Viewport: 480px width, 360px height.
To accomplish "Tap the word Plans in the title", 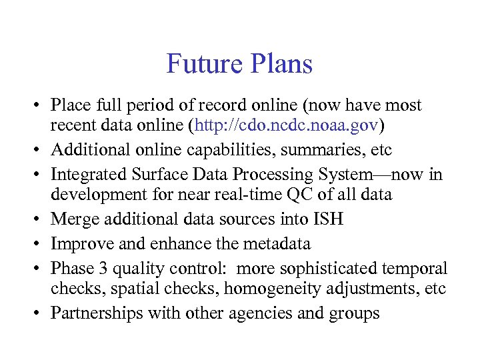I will (279, 64).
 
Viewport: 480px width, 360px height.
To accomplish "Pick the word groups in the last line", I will (355, 313).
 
